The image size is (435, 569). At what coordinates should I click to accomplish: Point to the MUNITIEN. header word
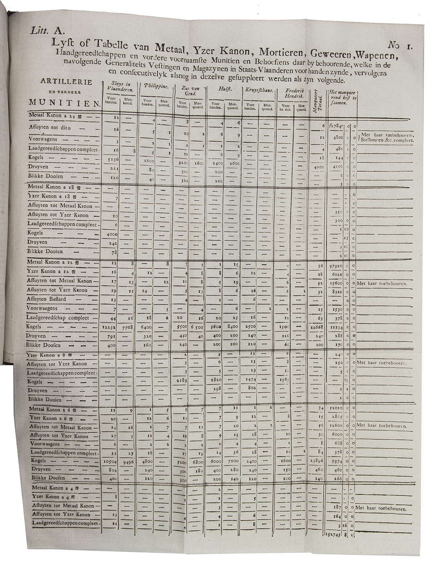pos(64,103)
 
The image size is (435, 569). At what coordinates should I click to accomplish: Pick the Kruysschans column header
pos(259,90)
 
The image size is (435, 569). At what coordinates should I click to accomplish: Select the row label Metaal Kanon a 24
pos(55,116)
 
